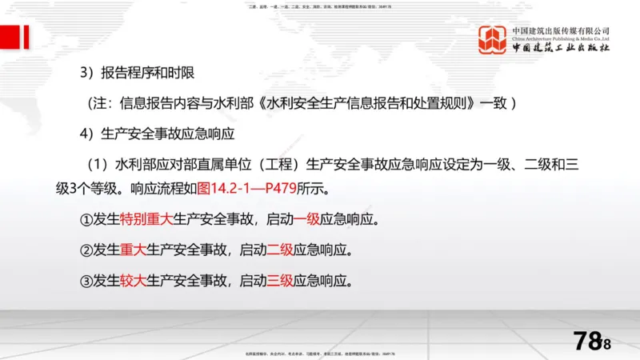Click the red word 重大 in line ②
pos(133,250)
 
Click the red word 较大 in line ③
pos(133,280)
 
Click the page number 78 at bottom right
pos(589,341)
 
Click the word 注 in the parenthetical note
pos(107,103)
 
